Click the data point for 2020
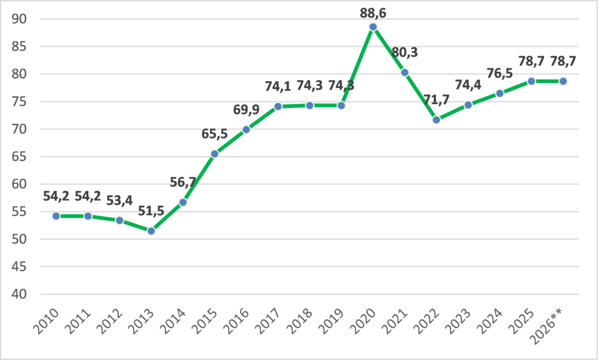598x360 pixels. pos(373,27)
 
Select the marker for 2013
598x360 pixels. pos(151,231)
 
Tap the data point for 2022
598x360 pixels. pos(436,119)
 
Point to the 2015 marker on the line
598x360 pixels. pos(214,154)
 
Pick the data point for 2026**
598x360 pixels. pos(563,81)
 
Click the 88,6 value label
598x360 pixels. pos(373,13)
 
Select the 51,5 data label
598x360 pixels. pos(151,210)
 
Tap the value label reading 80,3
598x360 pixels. pos(405,52)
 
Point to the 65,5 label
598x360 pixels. pos(214,134)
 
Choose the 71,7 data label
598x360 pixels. pos(436,99)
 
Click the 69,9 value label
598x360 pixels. pos(246,109)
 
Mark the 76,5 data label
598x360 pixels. pos(500,73)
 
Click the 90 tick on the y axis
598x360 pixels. pos(19,19)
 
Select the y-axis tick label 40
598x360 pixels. pos(19,294)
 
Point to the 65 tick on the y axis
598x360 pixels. pos(19,157)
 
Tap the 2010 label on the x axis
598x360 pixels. pos(46,321)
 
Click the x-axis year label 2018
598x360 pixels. pos(300,321)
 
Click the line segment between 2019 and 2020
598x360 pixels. pos(357,66)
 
